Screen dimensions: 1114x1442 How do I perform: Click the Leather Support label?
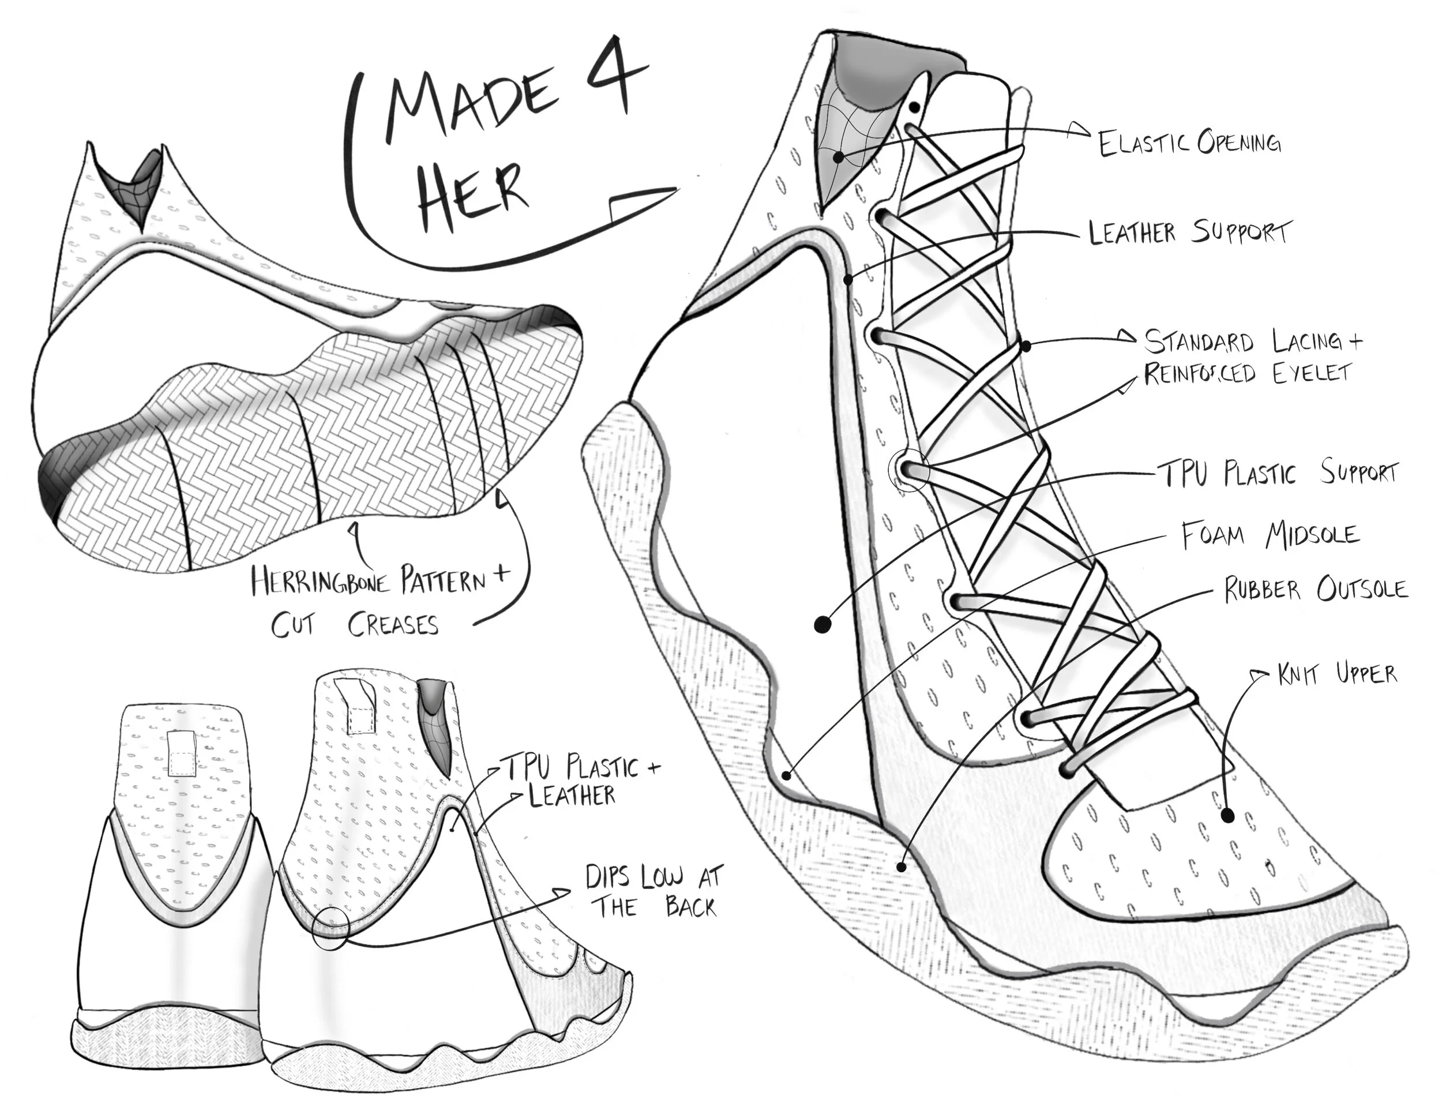1188,232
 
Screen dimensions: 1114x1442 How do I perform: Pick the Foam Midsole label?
1270,535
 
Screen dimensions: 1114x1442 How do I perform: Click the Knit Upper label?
1337,674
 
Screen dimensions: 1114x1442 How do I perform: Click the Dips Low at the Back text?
654,891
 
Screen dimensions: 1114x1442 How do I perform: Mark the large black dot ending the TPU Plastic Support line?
821,624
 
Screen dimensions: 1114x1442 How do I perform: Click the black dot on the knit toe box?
1227,816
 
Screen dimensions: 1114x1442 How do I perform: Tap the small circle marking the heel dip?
329,928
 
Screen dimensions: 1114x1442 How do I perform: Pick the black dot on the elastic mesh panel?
839,157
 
